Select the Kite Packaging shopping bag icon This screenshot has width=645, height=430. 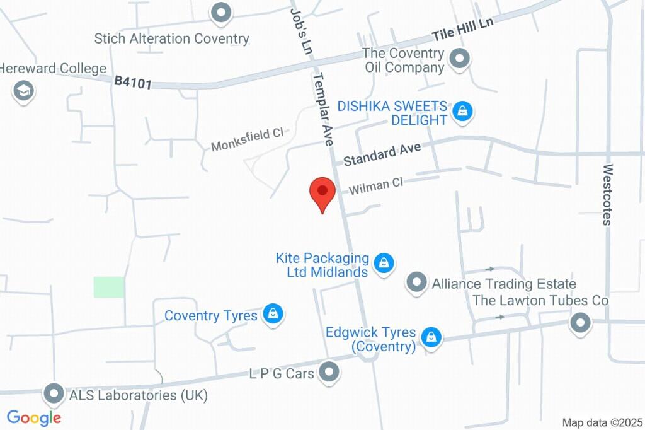pyautogui.click(x=384, y=264)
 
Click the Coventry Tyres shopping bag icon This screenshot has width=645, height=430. pyautogui.click(x=273, y=314)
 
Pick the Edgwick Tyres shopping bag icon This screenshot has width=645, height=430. pyautogui.click(x=431, y=337)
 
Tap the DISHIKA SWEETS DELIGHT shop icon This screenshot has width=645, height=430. pyautogui.click(x=463, y=112)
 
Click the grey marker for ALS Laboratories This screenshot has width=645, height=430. pyautogui.click(x=53, y=395)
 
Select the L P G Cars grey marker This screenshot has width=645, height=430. pyautogui.click(x=329, y=373)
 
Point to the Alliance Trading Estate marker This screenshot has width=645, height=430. pyautogui.click(x=416, y=283)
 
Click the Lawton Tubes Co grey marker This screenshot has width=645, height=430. pyautogui.click(x=579, y=324)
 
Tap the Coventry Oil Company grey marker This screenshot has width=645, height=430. pyautogui.click(x=461, y=60)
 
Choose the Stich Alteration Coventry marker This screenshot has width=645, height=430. pyautogui.click(x=221, y=13)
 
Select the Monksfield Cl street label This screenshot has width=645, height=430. pyautogui.click(x=248, y=139)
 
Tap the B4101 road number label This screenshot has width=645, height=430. pyautogui.click(x=133, y=83)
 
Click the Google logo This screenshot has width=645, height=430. pyautogui.click(x=34, y=417)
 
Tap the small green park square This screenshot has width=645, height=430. pyautogui.click(x=109, y=287)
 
